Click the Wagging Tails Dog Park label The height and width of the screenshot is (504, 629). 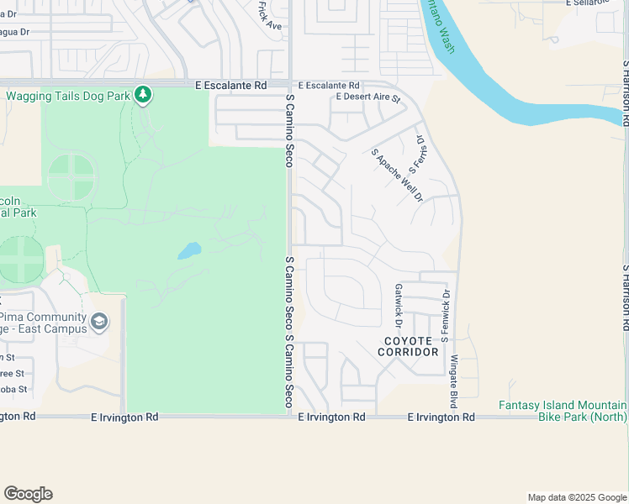68,96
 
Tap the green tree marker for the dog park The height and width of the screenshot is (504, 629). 144,95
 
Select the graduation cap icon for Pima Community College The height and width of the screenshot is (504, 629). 99,322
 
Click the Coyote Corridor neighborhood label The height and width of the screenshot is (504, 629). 408,346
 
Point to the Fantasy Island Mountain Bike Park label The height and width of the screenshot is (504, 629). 563,411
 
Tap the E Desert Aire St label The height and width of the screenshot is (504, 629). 368,97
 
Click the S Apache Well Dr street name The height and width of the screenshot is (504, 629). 397,175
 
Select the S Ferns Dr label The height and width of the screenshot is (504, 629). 415,152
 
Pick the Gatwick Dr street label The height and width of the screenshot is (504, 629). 399,305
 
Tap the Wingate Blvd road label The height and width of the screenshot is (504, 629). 453,370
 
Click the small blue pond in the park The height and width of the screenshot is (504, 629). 189,250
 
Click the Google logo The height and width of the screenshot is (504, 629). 28,494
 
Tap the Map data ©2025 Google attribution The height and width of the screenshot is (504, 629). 576,497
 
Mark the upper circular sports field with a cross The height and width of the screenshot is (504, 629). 71,177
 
